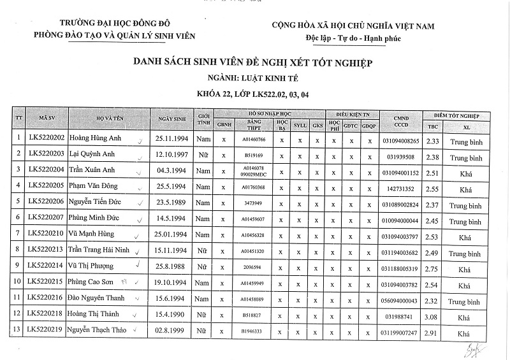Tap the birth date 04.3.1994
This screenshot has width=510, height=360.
point(171,171)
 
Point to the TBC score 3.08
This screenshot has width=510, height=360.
point(433,315)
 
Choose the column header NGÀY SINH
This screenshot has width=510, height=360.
point(170,119)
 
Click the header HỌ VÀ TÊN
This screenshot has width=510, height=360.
point(108,119)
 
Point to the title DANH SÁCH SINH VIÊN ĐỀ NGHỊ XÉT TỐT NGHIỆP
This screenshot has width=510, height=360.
point(252,63)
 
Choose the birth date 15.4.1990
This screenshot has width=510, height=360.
point(170,315)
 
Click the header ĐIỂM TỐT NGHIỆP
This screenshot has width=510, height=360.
point(456,114)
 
